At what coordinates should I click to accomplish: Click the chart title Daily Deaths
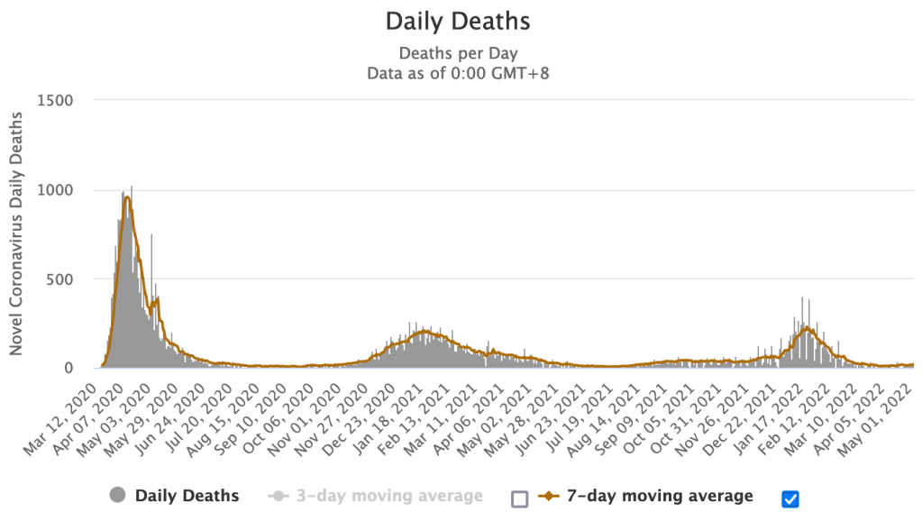[458, 20]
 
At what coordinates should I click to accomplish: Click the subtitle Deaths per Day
[458, 52]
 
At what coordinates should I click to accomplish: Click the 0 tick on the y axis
[68, 368]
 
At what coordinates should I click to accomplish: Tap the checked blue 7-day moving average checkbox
[791, 498]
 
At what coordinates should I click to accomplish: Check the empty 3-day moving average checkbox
[518, 498]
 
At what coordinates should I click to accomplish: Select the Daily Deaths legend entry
[187, 495]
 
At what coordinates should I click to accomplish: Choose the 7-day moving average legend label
[658, 495]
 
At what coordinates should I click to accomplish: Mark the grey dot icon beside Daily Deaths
[117, 495]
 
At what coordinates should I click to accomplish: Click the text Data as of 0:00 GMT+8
[458, 73]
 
